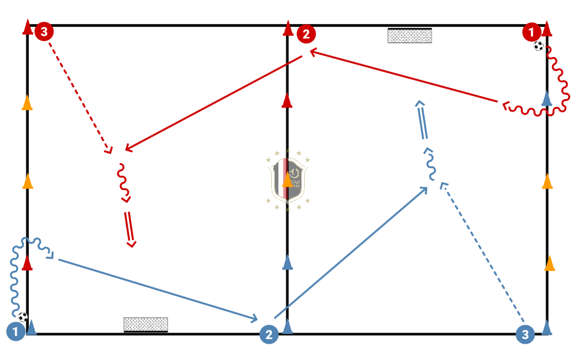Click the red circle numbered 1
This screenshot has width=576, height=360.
(531, 31)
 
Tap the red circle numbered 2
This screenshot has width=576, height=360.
(306, 34)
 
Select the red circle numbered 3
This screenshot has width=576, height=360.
(44, 31)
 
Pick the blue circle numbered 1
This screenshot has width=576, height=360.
(16, 331)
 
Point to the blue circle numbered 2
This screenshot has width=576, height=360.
(269, 335)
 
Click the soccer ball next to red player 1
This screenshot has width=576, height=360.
(539, 46)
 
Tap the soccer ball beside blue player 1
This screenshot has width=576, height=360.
(23, 317)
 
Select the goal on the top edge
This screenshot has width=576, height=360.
(410, 35)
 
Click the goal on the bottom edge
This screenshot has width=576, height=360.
(145, 325)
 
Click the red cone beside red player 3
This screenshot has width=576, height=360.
(27, 27)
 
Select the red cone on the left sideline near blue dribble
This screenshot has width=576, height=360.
(27, 263)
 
